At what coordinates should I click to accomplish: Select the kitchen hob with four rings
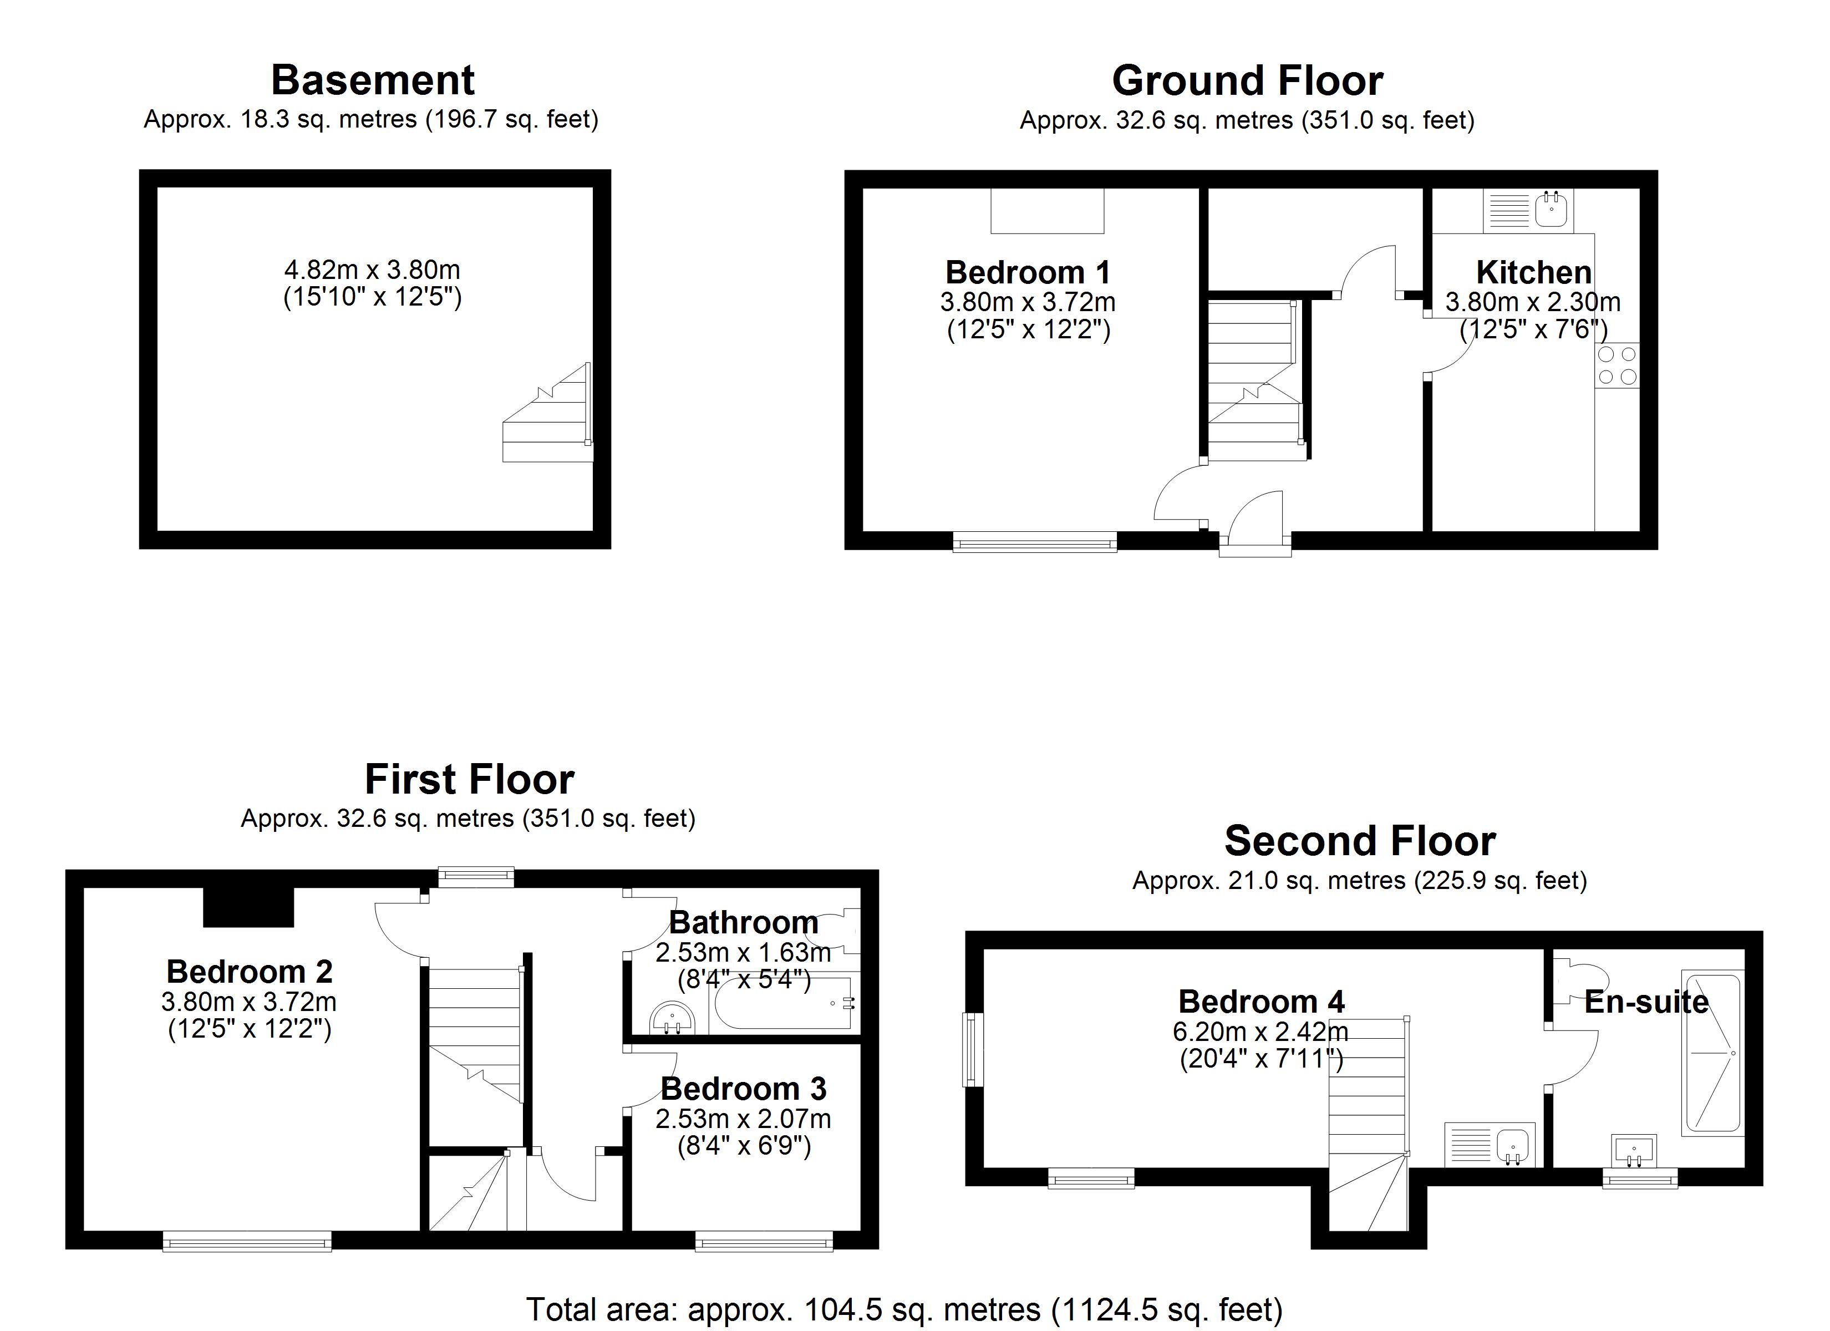click(1617, 365)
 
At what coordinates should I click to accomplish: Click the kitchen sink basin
click(1551, 210)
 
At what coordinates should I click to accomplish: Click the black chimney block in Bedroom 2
click(248, 907)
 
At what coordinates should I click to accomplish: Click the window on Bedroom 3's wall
click(763, 1241)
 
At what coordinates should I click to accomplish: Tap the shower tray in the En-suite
click(1711, 1053)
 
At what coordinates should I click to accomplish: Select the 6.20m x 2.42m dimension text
click(1260, 1032)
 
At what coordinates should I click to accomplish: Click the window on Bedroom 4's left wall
click(974, 1049)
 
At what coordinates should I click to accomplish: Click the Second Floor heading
click(1360, 841)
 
